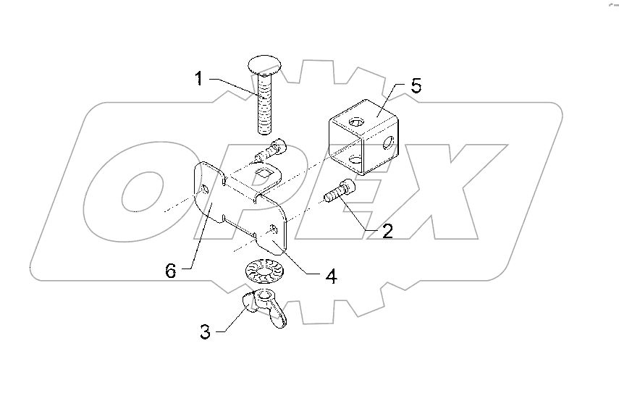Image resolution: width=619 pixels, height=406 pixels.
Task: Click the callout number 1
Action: (200, 79)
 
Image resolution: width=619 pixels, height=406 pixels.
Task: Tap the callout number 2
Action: (388, 232)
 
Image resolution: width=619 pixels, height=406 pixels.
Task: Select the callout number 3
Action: (205, 332)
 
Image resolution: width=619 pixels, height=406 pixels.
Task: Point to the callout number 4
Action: (331, 276)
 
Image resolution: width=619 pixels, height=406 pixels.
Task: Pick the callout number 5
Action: (416, 86)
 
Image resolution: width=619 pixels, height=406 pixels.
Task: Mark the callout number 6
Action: (171, 271)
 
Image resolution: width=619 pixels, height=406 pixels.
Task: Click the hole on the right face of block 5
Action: (389, 142)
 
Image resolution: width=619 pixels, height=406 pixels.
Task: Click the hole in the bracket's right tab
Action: (273, 229)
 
